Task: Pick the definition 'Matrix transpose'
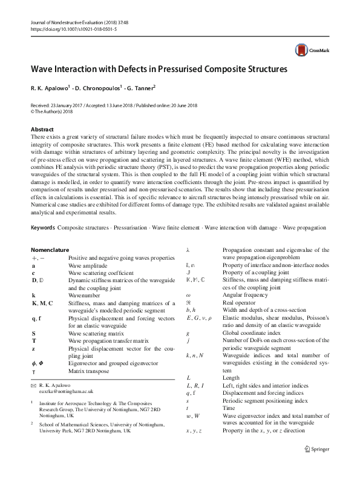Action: (x=88, y=371)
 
